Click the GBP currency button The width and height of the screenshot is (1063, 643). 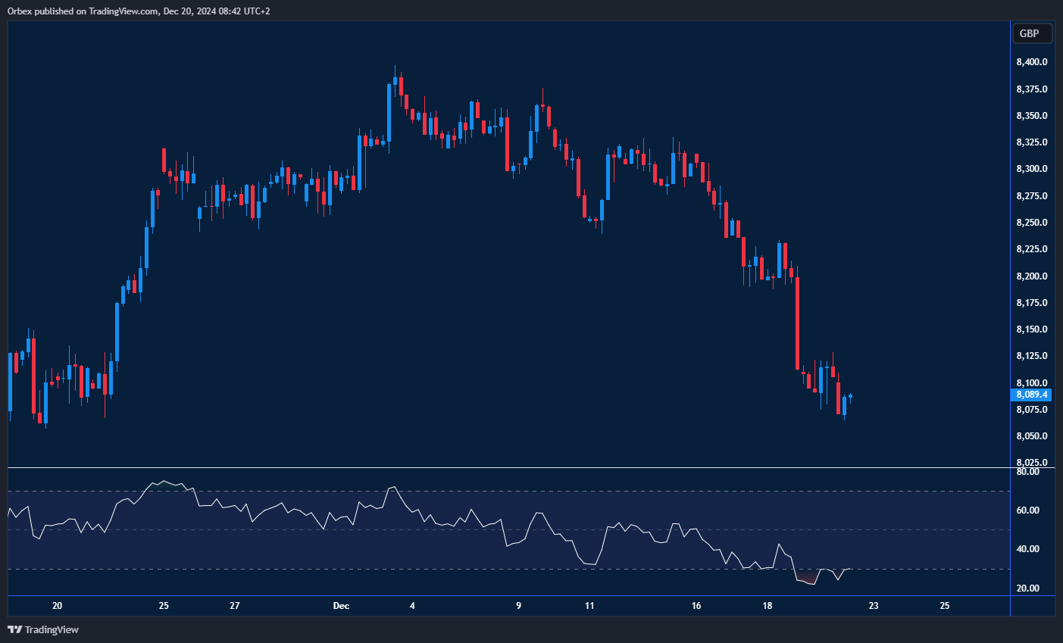coord(1031,33)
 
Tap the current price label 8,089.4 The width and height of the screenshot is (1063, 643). coord(1031,395)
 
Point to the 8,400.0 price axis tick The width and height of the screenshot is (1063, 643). coord(1031,62)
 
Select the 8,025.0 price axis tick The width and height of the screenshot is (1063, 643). coord(1031,463)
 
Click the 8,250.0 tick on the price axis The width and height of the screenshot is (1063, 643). coord(1031,223)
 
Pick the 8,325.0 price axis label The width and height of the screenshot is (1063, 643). coord(1031,142)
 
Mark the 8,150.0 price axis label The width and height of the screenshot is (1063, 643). coord(1031,329)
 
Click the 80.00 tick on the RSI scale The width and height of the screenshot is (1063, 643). coord(1027,472)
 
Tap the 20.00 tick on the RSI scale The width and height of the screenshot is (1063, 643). coord(1027,588)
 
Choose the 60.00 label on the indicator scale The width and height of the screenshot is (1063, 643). coord(1027,510)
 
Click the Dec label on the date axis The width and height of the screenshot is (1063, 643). coord(341,606)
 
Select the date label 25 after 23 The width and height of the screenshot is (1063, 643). coord(945,606)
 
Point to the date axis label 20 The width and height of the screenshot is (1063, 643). coord(57,606)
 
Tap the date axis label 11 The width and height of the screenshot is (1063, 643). coord(589,606)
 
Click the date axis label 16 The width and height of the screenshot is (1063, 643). coord(696,606)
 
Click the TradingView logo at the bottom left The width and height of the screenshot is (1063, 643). coord(43,629)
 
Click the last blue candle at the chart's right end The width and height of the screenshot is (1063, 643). coord(851,396)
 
